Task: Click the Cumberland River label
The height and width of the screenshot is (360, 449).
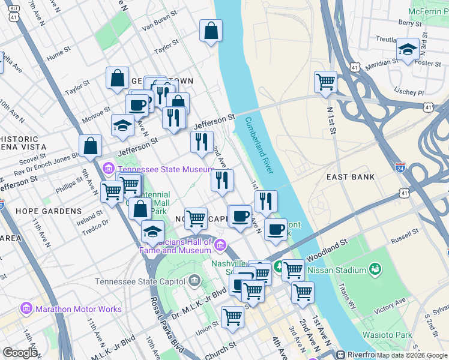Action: pyautogui.click(x=259, y=146)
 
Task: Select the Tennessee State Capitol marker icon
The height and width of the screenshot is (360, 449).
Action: pyautogui.click(x=194, y=280)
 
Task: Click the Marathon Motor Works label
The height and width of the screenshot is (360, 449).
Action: pyautogui.click(x=78, y=310)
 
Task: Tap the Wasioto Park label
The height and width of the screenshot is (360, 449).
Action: pyautogui.click(x=387, y=334)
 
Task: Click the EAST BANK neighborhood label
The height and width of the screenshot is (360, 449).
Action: pyautogui.click(x=351, y=177)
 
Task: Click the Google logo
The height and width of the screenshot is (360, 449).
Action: pyautogui.click(x=20, y=353)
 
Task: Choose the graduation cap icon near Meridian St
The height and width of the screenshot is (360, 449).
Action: pyautogui.click(x=408, y=50)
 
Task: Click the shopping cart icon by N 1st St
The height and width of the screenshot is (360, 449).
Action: pyautogui.click(x=325, y=82)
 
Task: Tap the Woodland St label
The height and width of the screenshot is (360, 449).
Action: pyautogui.click(x=327, y=247)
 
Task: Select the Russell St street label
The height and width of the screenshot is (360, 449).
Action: pyautogui.click(x=404, y=238)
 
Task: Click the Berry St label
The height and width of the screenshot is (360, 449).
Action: pyautogui.click(x=410, y=23)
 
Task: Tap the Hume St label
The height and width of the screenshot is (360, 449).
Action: pyautogui.click(x=55, y=53)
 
